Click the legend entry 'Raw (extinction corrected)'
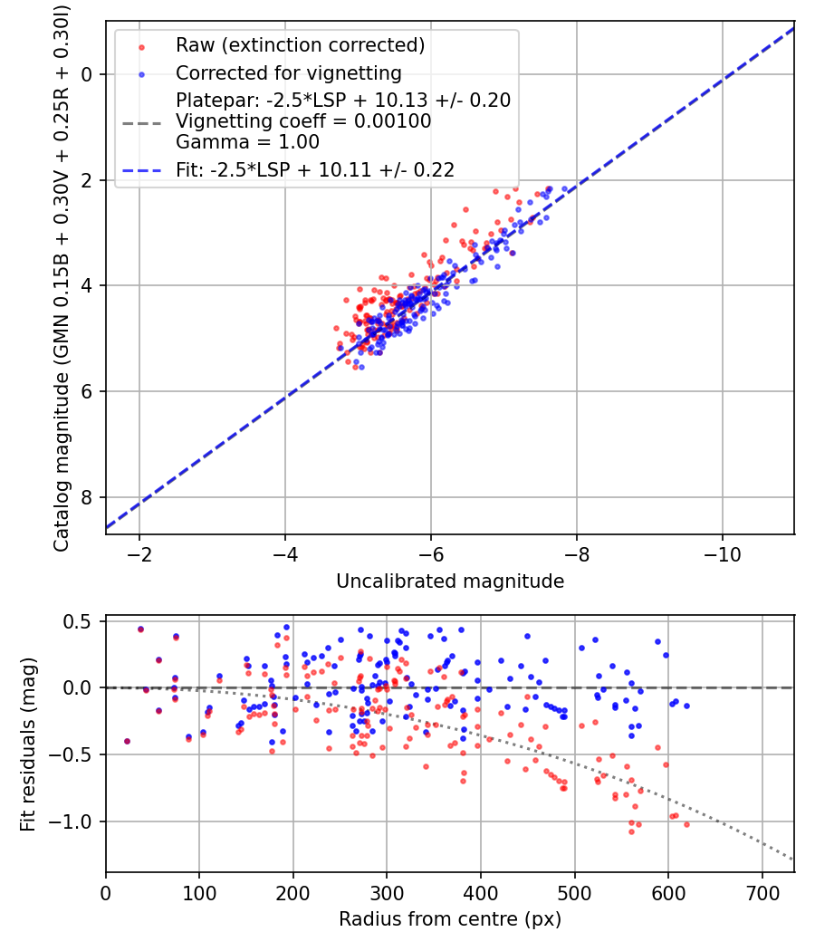click(300, 45)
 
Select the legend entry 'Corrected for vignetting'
click(288, 72)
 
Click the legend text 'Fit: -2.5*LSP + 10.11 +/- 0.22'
click(314, 169)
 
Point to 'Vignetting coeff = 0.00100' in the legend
click(303, 121)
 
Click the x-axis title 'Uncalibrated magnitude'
click(450, 581)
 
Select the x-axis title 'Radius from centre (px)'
click(450, 919)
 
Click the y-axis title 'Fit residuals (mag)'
click(28, 744)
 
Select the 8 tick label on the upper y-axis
click(88, 497)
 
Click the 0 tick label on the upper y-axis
click(88, 74)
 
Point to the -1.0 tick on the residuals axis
click(77, 821)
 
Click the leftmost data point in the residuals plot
click(127, 741)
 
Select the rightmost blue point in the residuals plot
click(686, 706)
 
